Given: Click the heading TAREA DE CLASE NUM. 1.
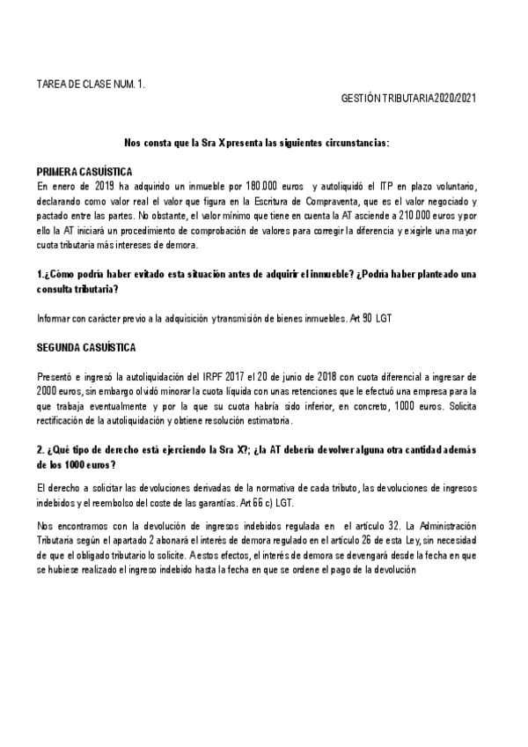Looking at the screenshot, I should pyautogui.click(x=91, y=85).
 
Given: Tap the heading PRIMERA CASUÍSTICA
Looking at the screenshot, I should pyautogui.click(x=84, y=170).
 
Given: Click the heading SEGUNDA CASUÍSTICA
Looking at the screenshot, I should pyautogui.click(x=86, y=348).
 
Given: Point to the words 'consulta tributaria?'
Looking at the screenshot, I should pyautogui.click(x=77, y=288).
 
